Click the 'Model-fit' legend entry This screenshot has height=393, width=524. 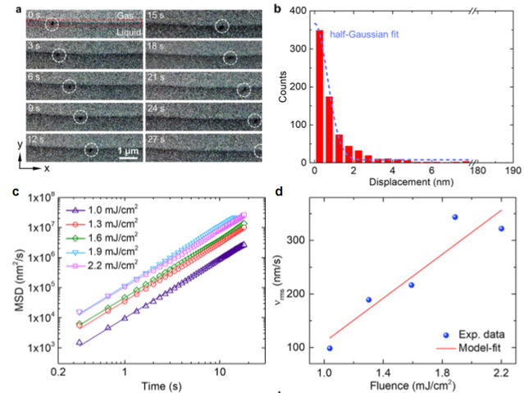[476, 348]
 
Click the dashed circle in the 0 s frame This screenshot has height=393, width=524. [52, 25]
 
